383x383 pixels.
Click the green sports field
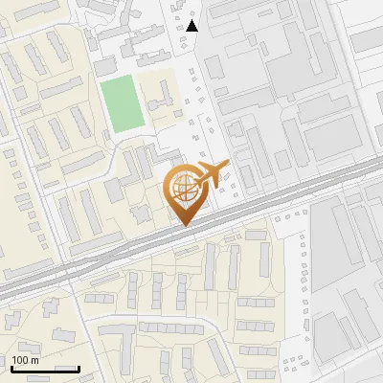coord(122,104)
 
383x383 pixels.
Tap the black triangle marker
coord(192,26)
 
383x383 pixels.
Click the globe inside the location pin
coord(184,189)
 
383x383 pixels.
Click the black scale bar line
coord(44,369)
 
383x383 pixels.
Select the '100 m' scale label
coord(25,360)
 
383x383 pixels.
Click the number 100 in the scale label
coord(20,360)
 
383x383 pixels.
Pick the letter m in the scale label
coord(34,360)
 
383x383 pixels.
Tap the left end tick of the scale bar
coord(11,367)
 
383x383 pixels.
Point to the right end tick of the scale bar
coord(79,367)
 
